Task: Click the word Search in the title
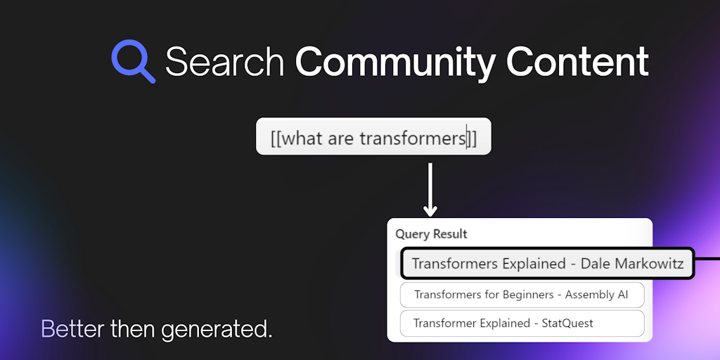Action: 224,62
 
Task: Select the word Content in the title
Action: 578,61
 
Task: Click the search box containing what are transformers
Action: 373,136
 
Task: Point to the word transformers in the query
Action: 412,139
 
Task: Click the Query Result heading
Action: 431,234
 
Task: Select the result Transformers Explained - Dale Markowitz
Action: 547,264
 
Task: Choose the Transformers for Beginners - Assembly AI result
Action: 522,295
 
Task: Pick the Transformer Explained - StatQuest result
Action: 522,323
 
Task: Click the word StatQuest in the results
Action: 567,323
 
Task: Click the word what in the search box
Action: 302,139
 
